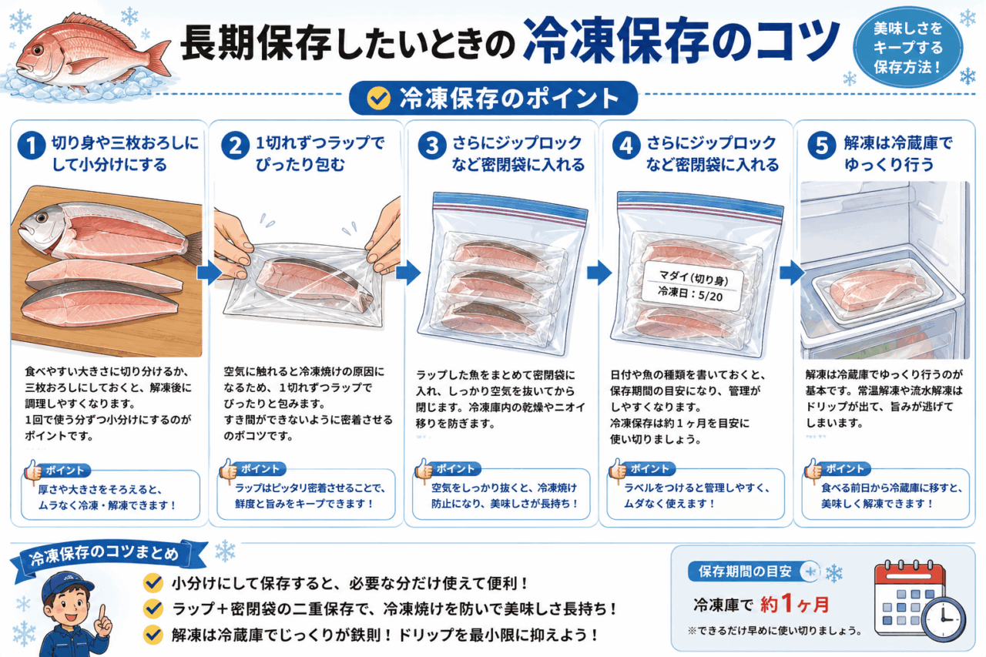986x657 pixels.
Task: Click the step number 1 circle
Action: coord(32,146)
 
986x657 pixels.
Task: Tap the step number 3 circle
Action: coord(432,146)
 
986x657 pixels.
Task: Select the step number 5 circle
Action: coord(822,146)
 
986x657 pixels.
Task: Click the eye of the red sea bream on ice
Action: coord(38,50)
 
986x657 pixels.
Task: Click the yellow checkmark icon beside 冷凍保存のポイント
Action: coord(378,98)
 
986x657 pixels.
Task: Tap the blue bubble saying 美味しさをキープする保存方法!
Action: coord(907,47)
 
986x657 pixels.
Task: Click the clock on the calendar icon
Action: coord(943,618)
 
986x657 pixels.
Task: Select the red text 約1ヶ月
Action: coord(794,604)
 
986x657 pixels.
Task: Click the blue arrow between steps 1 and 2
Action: coord(209,273)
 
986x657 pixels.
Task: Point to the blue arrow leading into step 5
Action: coord(793,273)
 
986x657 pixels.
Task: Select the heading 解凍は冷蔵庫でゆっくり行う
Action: coord(898,153)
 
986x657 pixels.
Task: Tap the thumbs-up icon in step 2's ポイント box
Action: coord(228,471)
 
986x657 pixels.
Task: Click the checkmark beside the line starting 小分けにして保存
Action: coord(153,583)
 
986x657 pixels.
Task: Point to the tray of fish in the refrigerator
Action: coord(877,291)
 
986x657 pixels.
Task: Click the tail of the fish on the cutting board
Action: coord(193,249)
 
